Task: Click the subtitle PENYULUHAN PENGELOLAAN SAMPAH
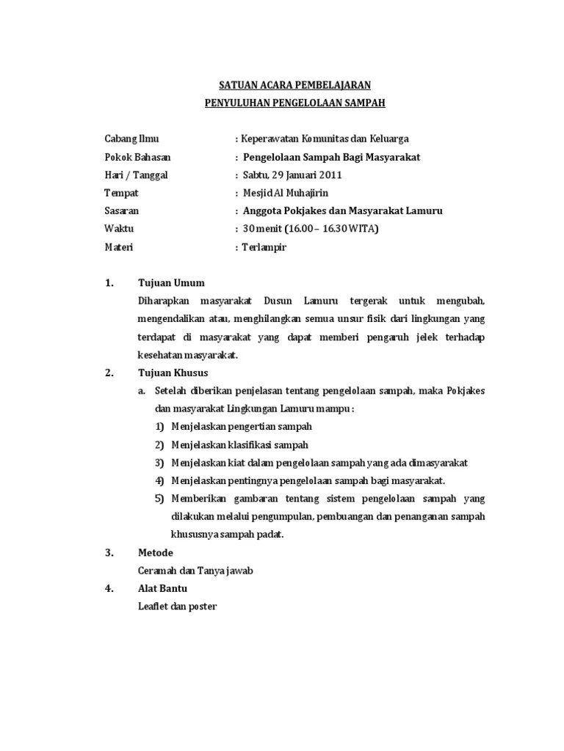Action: pos(294,103)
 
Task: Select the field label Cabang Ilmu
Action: pos(131,139)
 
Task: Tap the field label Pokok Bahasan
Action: pos(138,157)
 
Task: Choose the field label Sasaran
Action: pos(122,211)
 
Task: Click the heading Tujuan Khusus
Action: pos(173,373)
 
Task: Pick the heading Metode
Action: pos(156,552)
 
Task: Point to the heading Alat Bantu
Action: pos(162,588)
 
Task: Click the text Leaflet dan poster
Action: pos(177,607)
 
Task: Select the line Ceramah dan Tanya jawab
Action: pos(195,571)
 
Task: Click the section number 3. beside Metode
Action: pos(109,552)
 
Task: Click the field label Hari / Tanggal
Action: pos(136,175)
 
